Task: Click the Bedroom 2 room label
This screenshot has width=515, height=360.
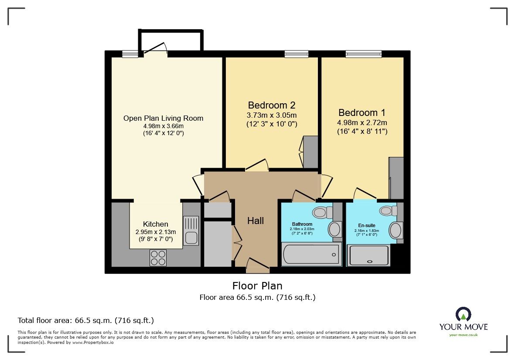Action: [272, 105]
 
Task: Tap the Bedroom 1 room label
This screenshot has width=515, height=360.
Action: [362, 112]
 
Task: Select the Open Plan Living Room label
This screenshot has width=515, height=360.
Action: [163, 118]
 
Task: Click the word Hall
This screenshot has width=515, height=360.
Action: [256, 221]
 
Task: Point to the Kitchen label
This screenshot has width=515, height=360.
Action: [155, 224]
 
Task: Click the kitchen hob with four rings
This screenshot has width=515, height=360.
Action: [158, 257]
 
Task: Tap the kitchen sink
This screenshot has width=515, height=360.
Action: [191, 231]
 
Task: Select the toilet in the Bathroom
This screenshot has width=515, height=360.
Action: [321, 212]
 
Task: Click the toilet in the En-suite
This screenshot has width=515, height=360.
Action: [387, 211]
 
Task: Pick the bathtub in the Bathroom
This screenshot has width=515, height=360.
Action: [310, 254]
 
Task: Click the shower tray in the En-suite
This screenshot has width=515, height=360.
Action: [369, 255]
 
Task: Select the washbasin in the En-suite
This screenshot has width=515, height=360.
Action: [396, 230]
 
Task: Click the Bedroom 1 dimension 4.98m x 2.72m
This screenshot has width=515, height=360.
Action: [362, 122]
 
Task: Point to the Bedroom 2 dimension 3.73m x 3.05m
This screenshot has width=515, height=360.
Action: [272, 115]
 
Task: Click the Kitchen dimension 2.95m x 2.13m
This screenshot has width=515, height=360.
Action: [155, 232]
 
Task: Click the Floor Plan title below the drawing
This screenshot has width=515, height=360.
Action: [257, 286]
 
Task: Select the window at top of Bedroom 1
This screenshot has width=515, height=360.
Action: [363, 54]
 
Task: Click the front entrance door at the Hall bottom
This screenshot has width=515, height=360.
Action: [257, 267]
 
